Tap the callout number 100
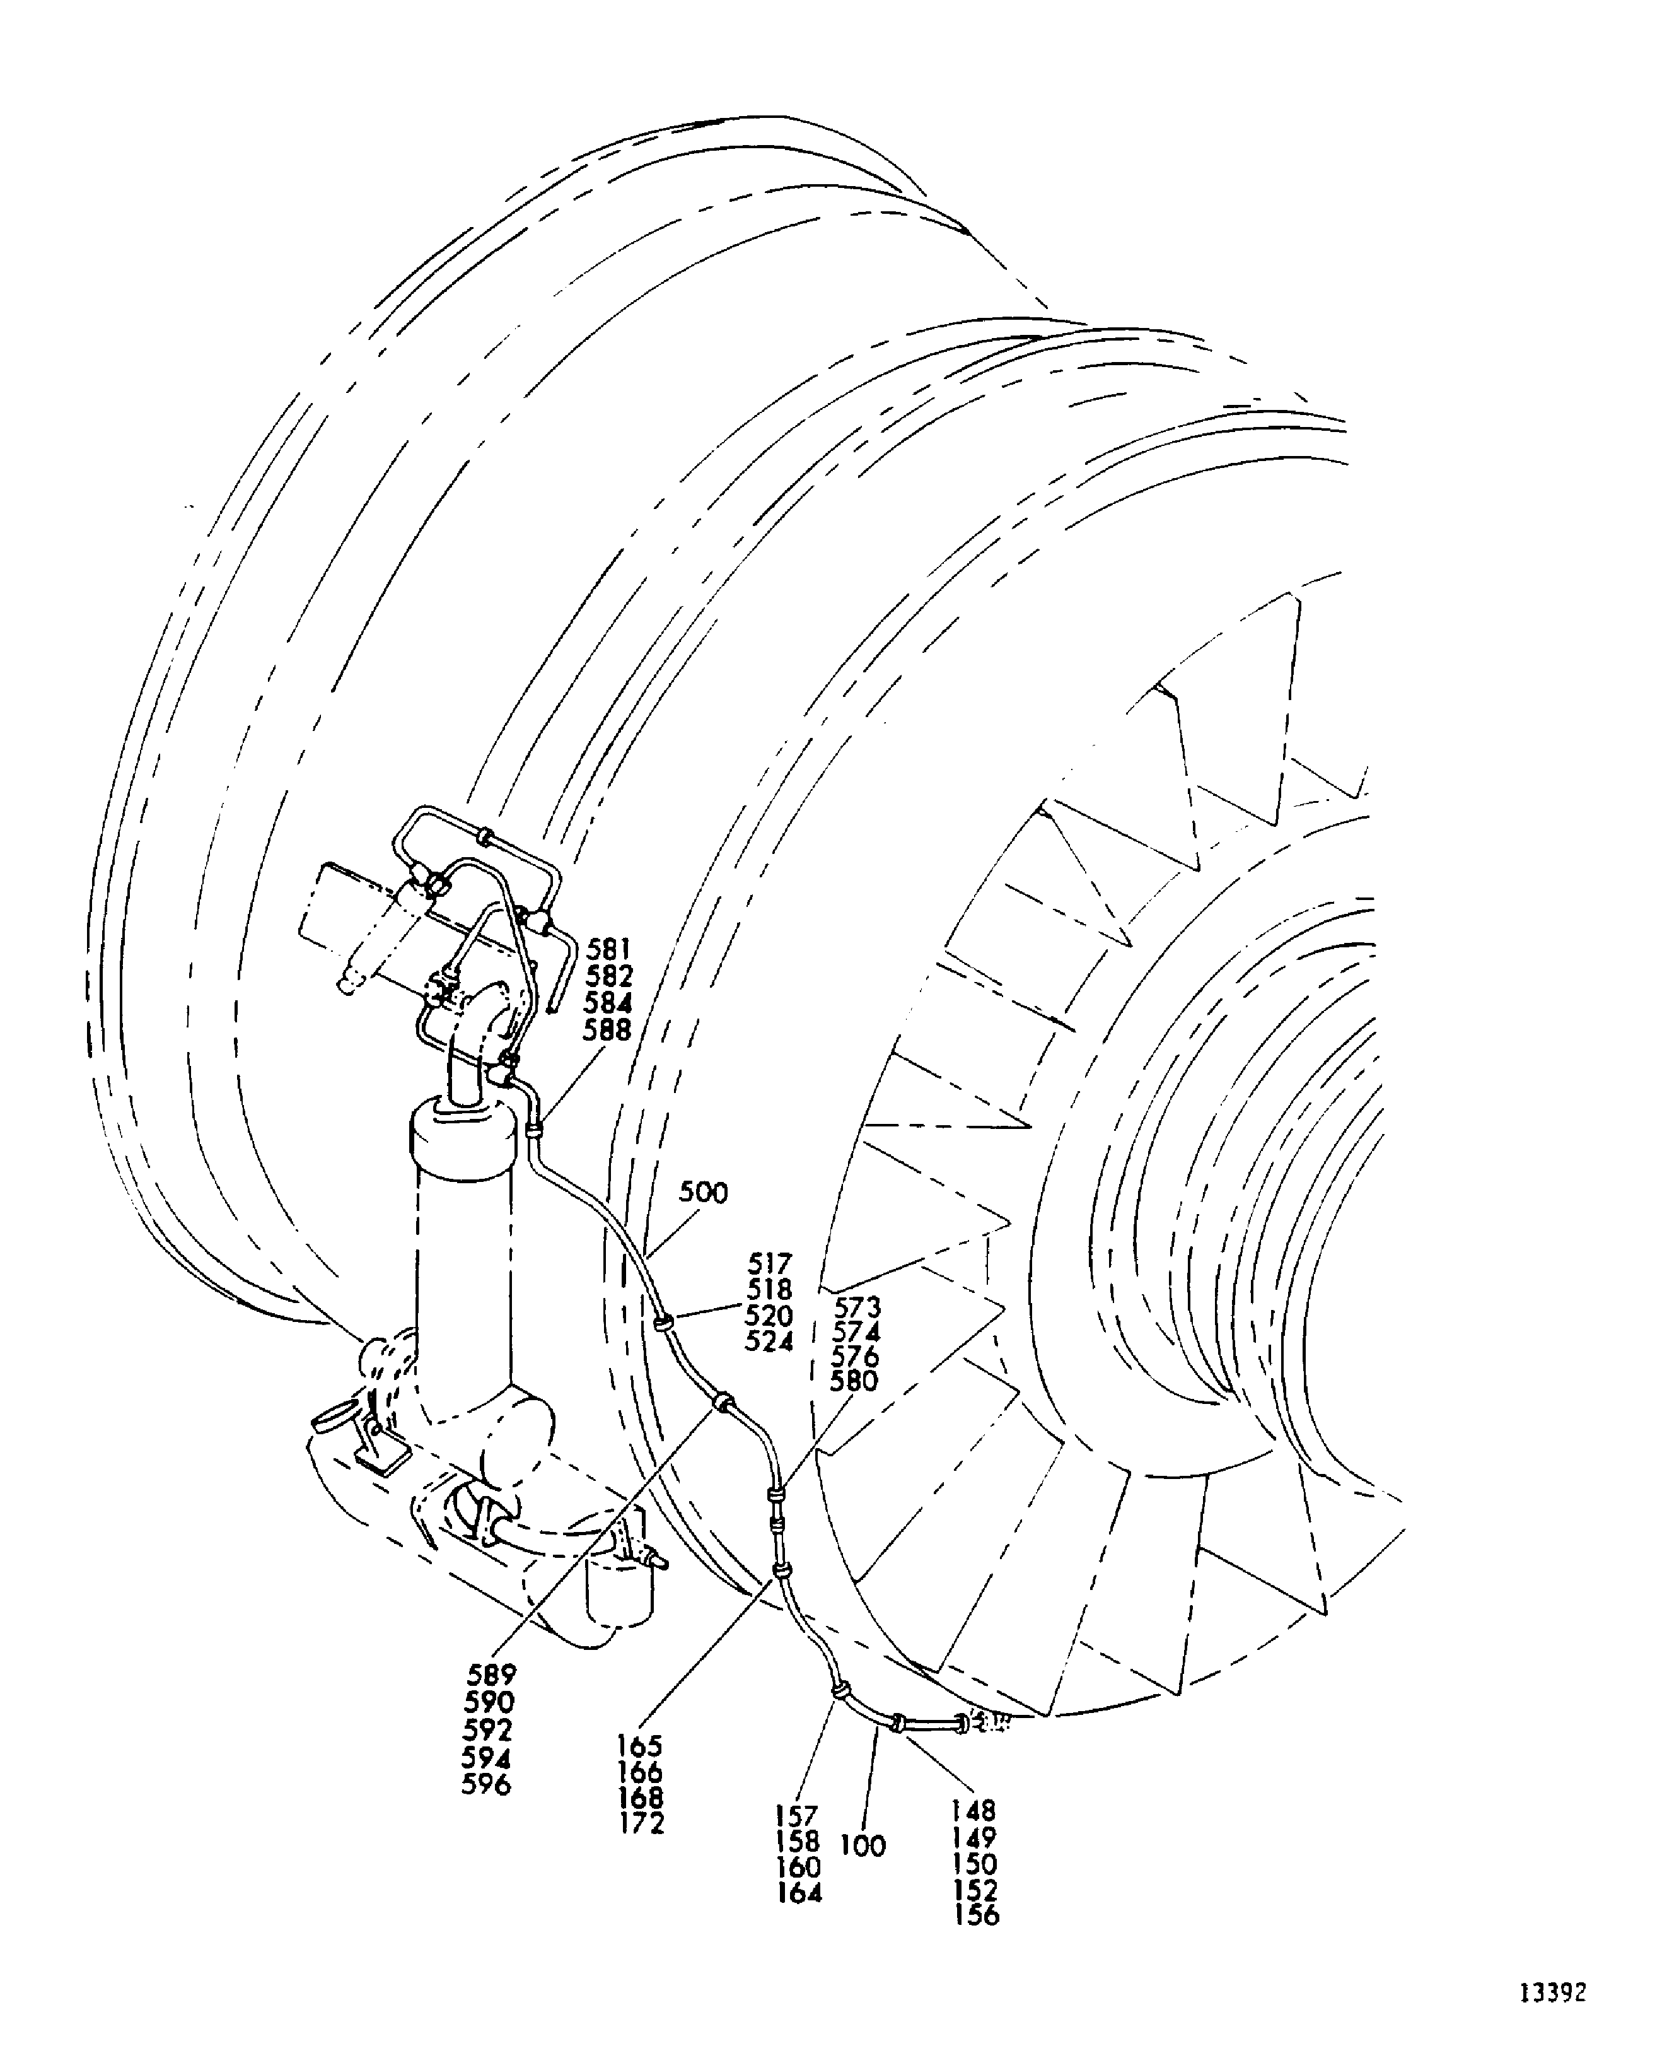click(863, 1846)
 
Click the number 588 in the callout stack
click(607, 1031)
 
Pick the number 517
click(770, 1264)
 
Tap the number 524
click(769, 1342)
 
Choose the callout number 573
click(858, 1308)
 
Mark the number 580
click(854, 1382)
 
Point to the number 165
click(640, 1746)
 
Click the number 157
click(797, 1816)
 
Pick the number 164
click(800, 1893)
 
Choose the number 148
click(974, 1810)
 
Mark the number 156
click(977, 1915)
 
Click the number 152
click(976, 1890)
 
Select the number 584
click(607, 1003)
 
